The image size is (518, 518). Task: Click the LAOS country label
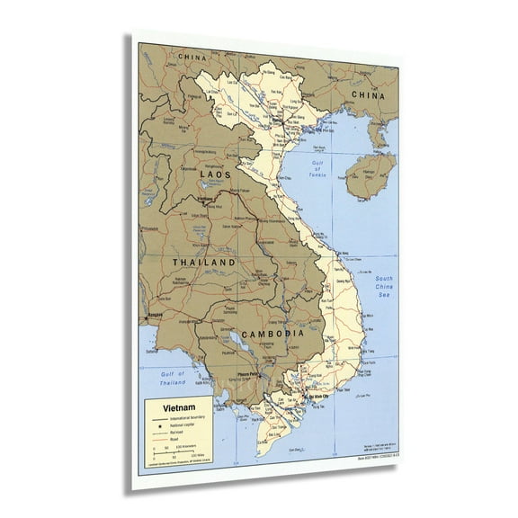pos(217,174)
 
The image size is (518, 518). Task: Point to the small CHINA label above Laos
pos(192,58)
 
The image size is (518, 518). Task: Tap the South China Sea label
pos(384,286)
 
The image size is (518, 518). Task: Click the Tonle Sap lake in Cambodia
pos(237,341)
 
